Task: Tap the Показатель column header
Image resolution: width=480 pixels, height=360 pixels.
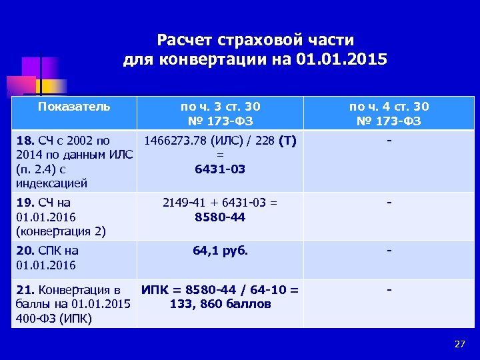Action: tap(74, 106)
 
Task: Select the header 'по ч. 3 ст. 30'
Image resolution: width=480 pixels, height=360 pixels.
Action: tap(221, 107)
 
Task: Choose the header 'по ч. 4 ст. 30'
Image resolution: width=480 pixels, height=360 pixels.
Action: tap(389, 107)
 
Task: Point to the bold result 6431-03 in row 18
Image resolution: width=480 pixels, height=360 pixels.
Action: tap(220, 169)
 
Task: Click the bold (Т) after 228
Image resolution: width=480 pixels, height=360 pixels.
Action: tap(288, 141)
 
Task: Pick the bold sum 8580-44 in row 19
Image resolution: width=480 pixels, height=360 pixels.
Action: tap(220, 217)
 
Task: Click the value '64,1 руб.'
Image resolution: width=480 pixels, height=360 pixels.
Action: tap(220, 251)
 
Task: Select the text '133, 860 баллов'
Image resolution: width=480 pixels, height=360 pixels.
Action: tap(220, 304)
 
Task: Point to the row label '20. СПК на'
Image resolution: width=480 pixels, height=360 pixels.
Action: tap(46, 251)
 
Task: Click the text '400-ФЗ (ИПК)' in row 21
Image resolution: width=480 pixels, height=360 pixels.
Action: tap(53, 318)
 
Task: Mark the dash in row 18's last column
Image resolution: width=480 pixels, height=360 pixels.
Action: tap(389, 141)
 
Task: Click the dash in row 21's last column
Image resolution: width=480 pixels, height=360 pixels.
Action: tap(389, 291)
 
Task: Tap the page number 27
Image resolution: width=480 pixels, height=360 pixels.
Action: tap(459, 344)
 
